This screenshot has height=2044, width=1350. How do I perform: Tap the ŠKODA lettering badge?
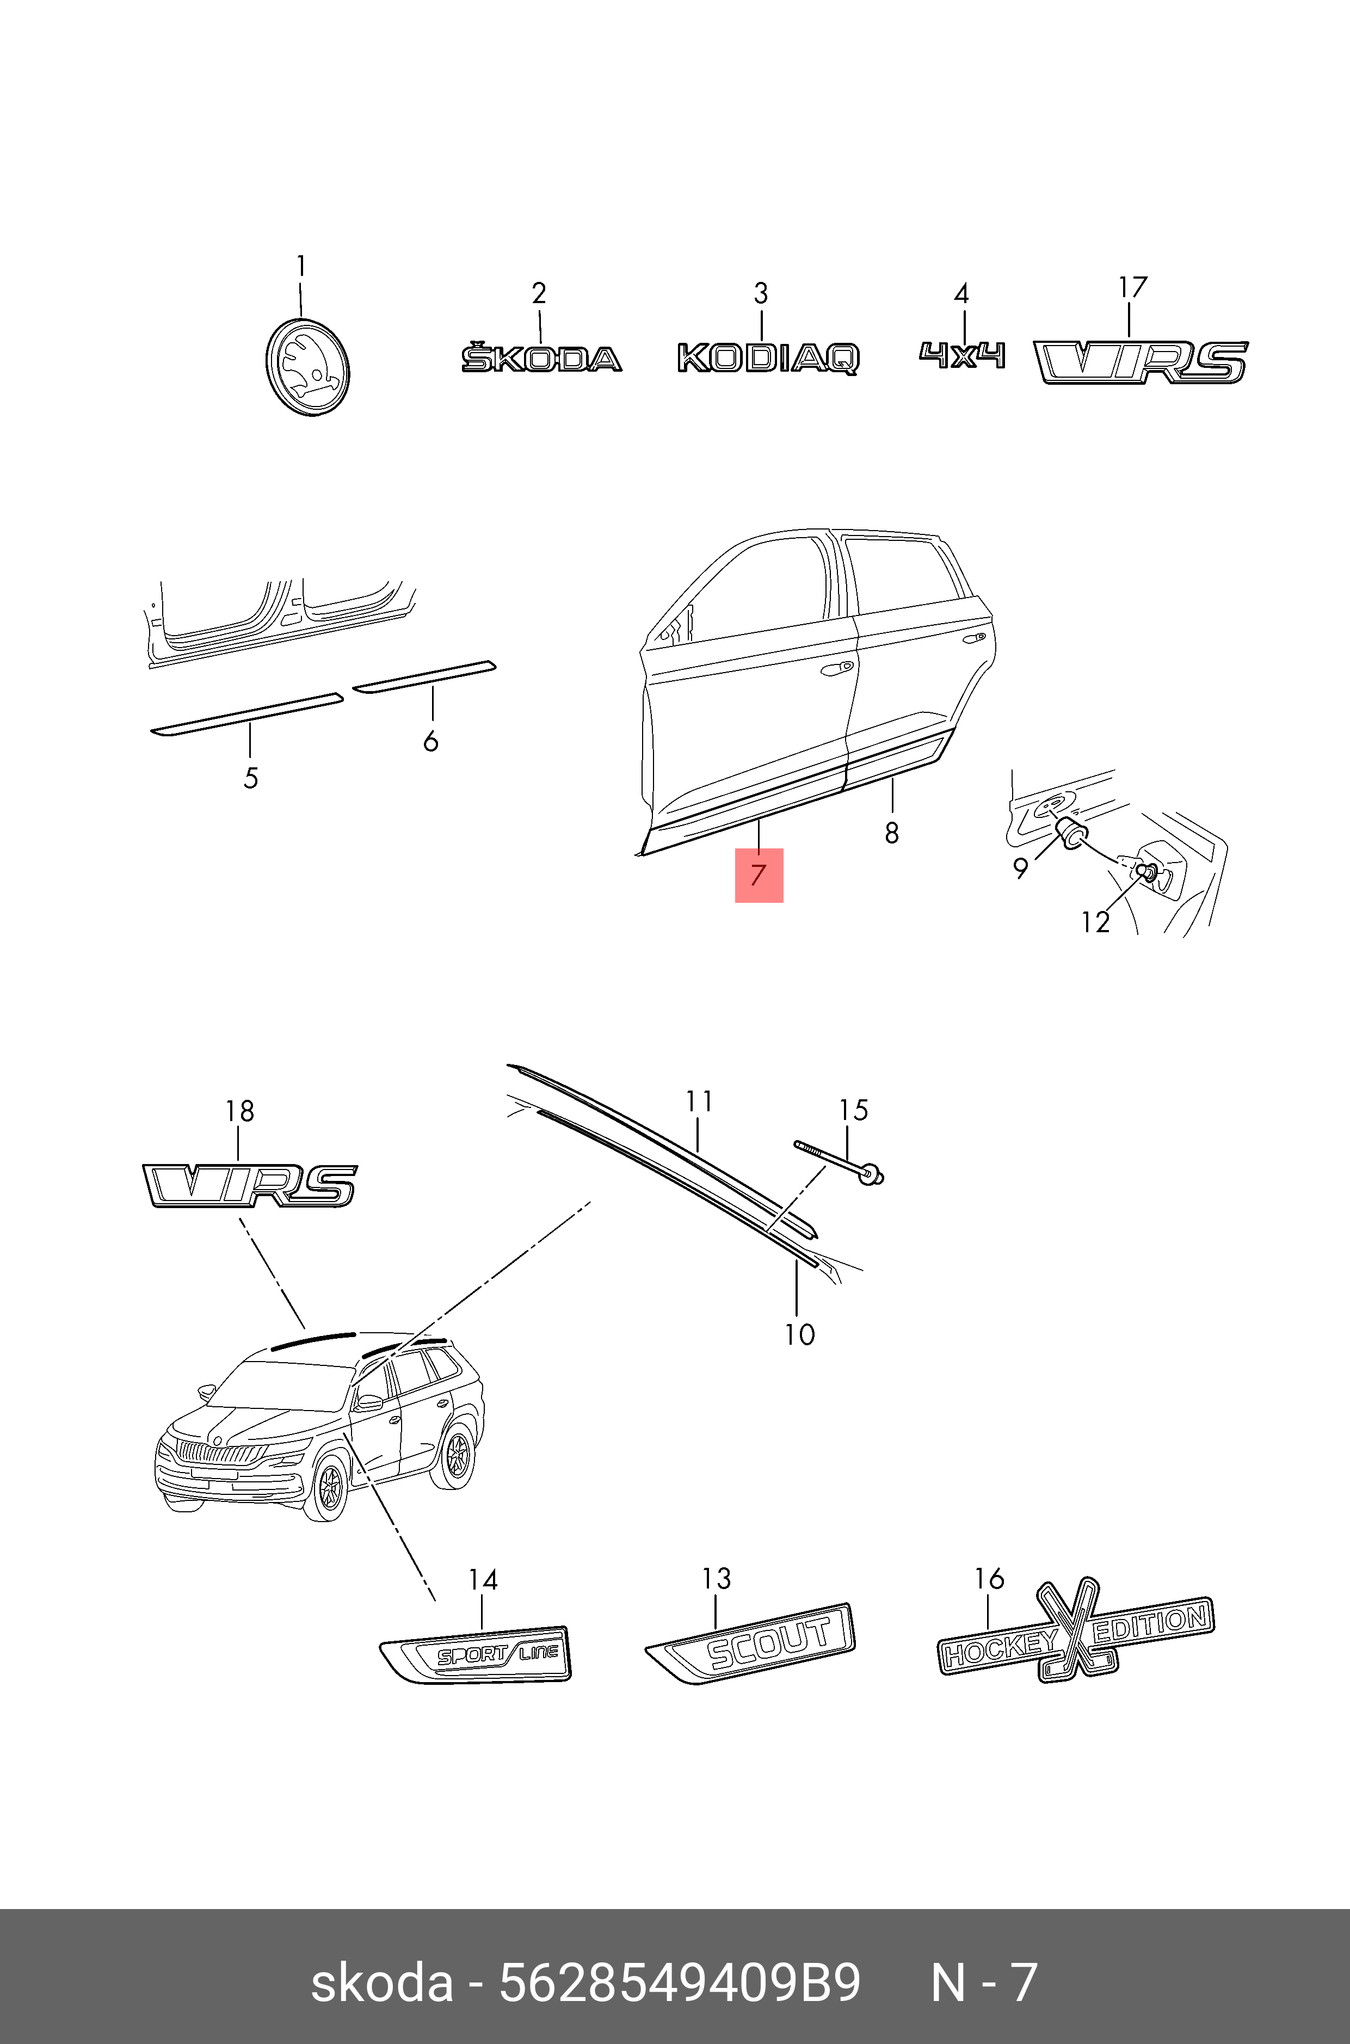coord(541,358)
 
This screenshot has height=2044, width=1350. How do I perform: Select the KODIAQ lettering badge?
coord(767,358)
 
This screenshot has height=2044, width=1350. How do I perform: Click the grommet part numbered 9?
coord(1071,834)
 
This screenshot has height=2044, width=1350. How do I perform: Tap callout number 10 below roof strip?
coord(799,1334)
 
